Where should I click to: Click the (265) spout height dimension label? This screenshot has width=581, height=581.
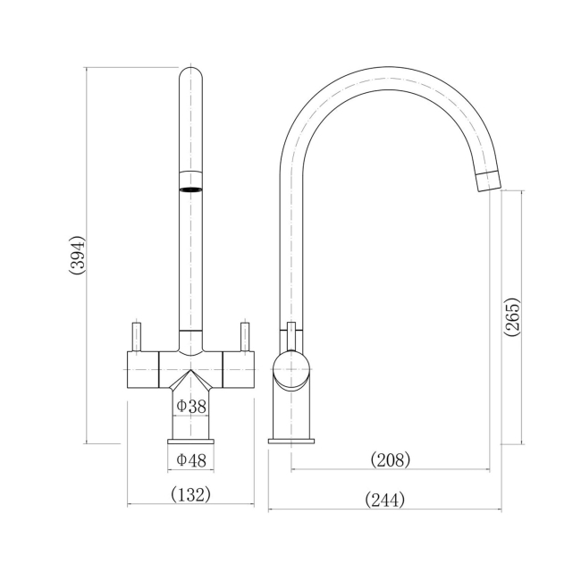[512, 316]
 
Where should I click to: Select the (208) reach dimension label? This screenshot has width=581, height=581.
[391, 460]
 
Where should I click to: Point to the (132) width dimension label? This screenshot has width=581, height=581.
[191, 494]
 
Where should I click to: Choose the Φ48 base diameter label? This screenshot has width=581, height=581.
[191, 460]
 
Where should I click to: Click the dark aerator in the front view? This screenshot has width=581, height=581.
[191, 189]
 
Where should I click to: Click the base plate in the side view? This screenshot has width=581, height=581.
[291, 439]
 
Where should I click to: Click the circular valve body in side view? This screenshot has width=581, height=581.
[291, 369]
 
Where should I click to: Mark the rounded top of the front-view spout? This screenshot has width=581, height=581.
[191, 75]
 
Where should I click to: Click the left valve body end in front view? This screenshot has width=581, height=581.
[142, 368]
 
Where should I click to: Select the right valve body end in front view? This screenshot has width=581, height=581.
[240, 368]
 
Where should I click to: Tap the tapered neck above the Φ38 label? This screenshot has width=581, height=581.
[191, 382]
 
